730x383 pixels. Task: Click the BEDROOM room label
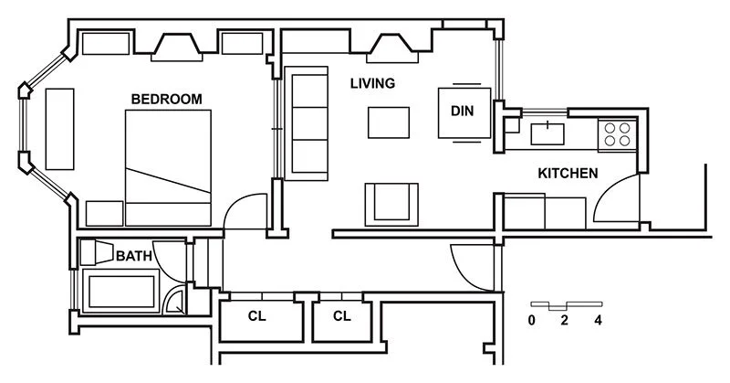(166, 99)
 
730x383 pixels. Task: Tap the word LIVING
(372, 83)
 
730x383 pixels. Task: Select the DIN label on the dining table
(463, 111)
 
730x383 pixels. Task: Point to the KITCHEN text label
(567, 173)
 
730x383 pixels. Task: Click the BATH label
(133, 257)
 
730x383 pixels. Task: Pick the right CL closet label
(341, 317)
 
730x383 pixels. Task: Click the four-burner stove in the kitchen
(617, 135)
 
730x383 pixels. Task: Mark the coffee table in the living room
(389, 122)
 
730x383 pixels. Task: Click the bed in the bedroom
(169, 167)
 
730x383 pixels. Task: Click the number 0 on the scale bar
(532, 321)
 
